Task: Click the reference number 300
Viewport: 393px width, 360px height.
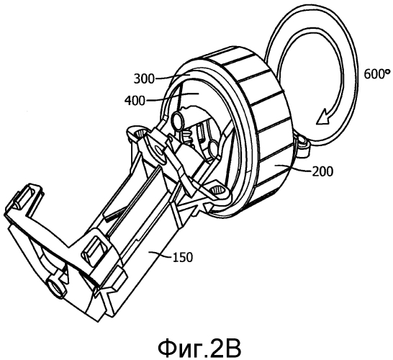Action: point(144,78)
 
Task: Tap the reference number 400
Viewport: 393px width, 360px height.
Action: point(135,101)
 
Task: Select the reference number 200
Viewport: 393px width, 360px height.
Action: point(322,172)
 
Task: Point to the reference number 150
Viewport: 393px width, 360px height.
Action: point(183,257)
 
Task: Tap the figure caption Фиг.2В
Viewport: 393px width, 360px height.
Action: point(199,348)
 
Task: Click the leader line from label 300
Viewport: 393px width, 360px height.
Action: point(168,78)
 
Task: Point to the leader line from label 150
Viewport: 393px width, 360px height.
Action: point(161,255)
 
